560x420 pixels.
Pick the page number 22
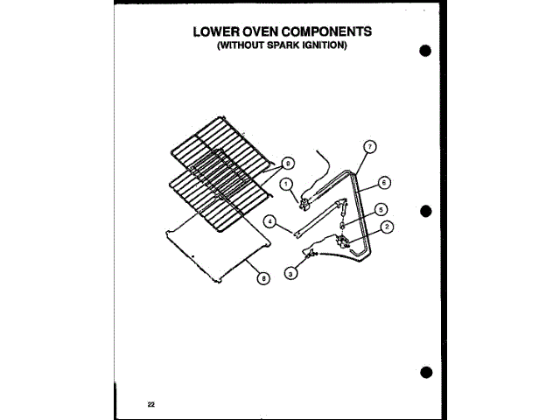151,403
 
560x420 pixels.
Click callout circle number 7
369,146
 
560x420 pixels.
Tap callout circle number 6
384,183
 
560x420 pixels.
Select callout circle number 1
285,184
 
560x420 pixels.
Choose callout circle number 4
271,222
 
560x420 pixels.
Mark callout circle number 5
381,210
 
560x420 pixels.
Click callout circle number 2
386,227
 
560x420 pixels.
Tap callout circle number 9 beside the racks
289,161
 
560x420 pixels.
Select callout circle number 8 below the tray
262,279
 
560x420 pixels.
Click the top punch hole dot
425,50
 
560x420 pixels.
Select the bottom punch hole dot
425,373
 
